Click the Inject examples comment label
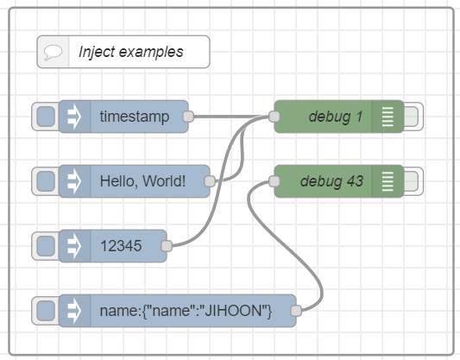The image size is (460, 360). tap(131, 52)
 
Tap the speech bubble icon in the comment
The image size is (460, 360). tap(53, 52)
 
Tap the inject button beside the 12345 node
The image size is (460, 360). tap(45, 245)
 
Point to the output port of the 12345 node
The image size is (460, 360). tap(166, 245)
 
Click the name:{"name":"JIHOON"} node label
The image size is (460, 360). tap(186, 310)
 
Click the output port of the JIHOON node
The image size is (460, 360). tap(296, 310)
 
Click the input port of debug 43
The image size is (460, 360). tap(274, 181)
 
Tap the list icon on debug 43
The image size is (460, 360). tap(388, 181)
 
